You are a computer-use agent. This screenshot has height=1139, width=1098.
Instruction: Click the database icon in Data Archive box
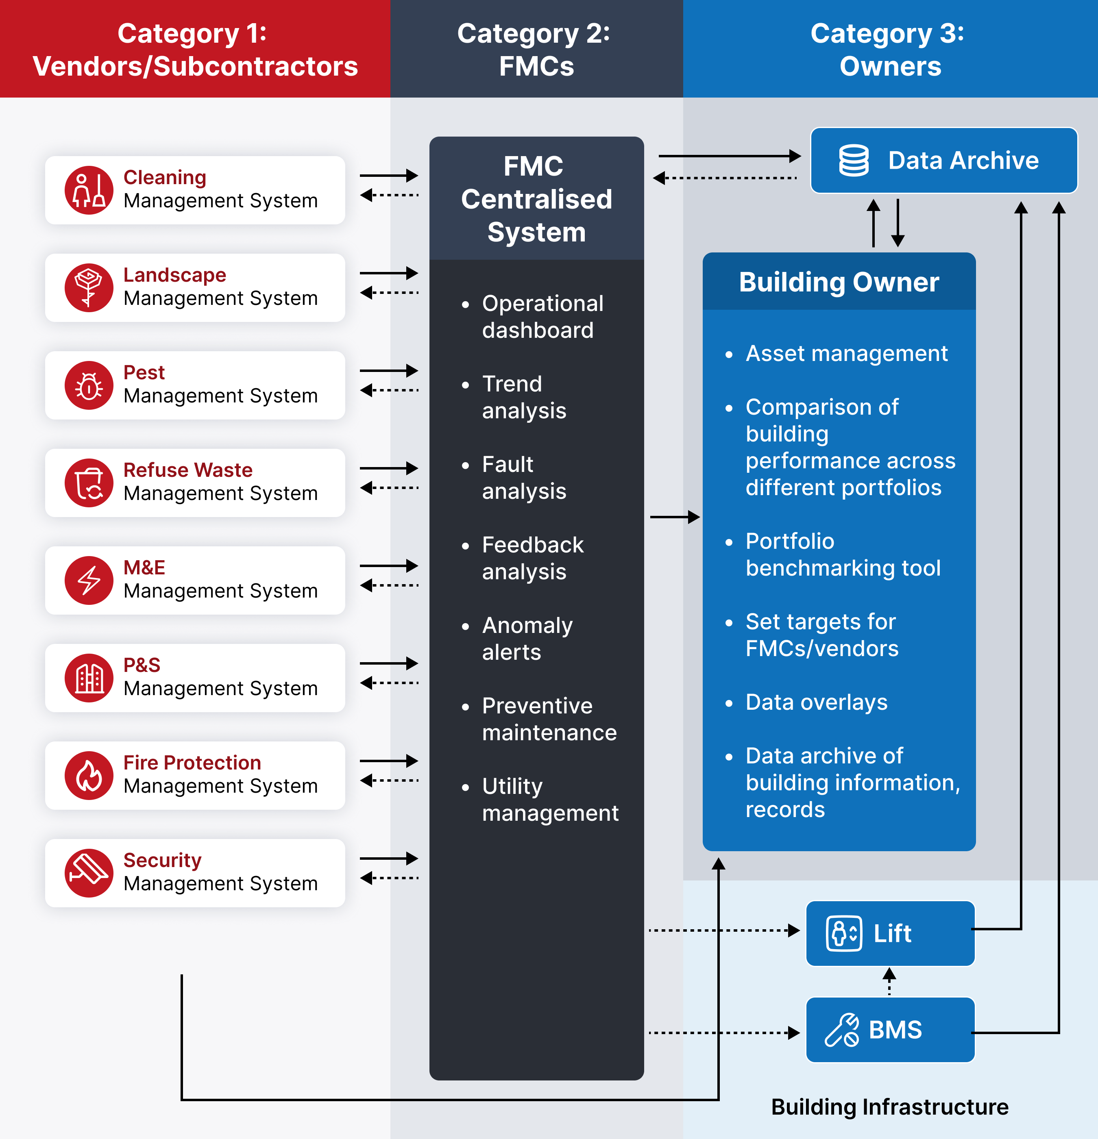[853, 161]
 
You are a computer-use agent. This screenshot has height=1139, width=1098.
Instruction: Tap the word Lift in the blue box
[892, 933]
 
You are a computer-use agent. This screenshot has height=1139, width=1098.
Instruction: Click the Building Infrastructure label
[889, 1106]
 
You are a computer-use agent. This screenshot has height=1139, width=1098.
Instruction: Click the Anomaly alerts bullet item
[527, 638]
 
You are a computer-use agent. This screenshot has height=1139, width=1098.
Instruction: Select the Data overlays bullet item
[816, 702]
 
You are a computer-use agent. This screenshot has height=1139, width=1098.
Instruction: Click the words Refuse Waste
[188, 470]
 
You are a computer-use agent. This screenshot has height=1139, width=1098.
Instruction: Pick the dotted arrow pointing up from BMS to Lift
[889, 981]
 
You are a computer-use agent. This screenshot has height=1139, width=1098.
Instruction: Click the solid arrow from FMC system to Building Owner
[674, 517]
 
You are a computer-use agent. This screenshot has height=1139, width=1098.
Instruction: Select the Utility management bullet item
[549, 799]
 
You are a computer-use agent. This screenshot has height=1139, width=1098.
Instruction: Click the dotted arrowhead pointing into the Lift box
[793, 930]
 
